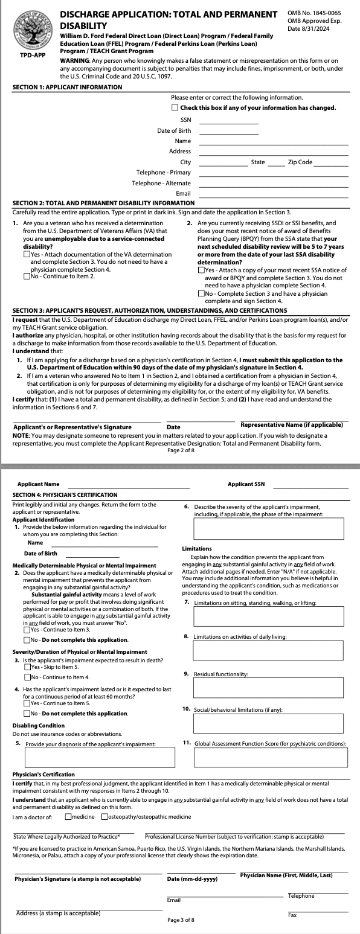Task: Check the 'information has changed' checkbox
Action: pos(175,107)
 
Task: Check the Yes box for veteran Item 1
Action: pos(27,254)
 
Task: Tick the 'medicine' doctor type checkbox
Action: pos(68,817)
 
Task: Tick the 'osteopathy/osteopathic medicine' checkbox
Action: pos(105,817)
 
